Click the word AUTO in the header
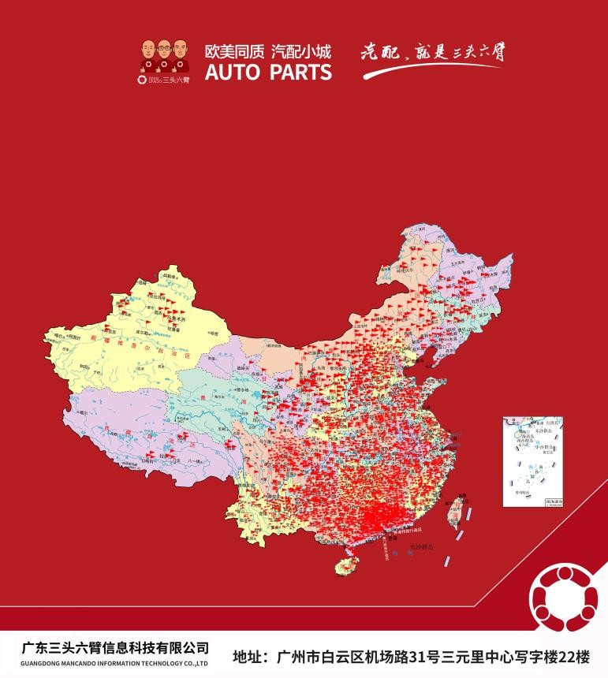tap(230, 73)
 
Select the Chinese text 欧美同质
tap(233, 52)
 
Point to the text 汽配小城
tap(301, 52)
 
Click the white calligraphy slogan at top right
tap(432, 54)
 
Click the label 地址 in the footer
tap(250, 655)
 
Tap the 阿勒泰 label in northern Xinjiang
tap(168, 276)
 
